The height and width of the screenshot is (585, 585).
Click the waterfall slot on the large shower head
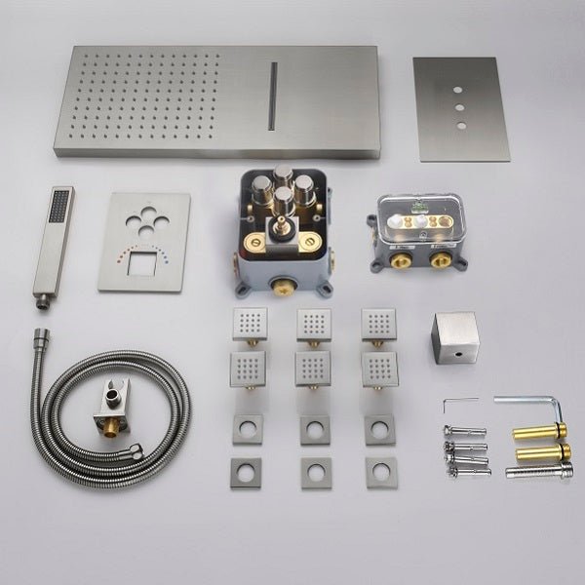point(273,94)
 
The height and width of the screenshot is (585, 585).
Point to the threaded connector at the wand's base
point(42,303)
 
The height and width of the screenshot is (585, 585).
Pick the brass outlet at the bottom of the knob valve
point(283,287)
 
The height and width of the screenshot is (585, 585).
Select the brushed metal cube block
point(454,337)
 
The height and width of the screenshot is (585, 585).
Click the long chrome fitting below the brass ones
point(538,471)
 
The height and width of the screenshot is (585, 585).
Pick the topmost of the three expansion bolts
point(464,431)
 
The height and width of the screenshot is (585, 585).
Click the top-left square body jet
point(250,323)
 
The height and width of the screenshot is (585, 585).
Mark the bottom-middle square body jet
point(314,369)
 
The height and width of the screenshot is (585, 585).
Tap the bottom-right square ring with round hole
point(380,472)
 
